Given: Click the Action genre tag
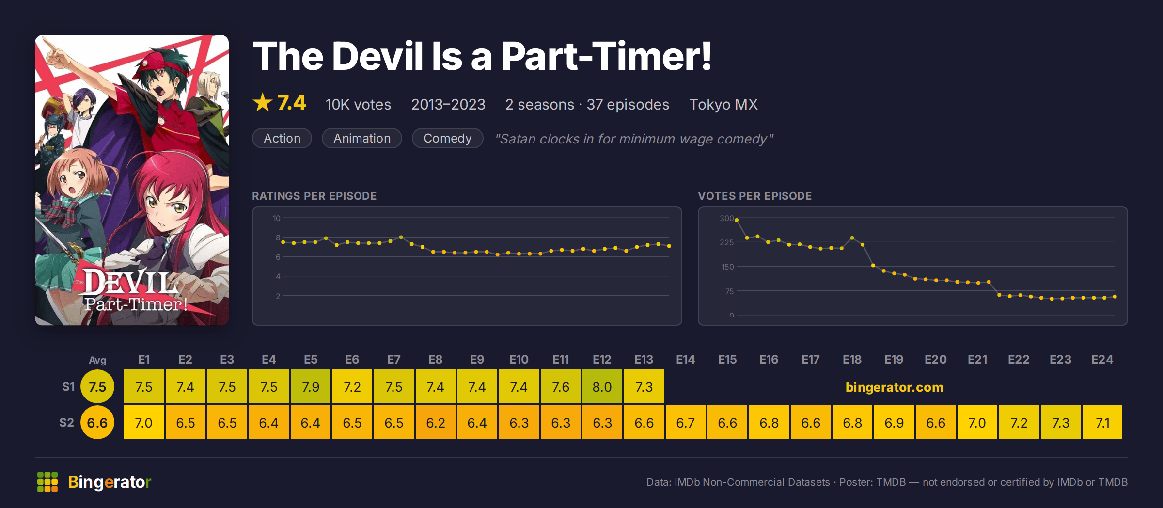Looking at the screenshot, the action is point(282,138).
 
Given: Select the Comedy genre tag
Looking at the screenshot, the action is point(447,138).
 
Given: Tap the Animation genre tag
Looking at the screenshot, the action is point(362,138).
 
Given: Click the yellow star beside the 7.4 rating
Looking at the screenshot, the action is point(263,103).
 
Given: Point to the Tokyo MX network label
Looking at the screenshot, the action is point(723,104).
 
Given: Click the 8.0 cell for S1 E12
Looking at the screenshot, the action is point(602,386).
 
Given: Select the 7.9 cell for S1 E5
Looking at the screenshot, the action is point(310,386).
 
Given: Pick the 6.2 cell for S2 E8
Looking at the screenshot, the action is point(435,422).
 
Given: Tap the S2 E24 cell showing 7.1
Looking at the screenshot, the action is point(1102,422).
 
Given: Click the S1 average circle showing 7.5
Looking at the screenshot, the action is point(97,386).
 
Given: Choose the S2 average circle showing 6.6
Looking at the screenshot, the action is point(97,422).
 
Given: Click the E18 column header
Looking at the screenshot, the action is point(852,360).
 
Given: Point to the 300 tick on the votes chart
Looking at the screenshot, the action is point(726,218).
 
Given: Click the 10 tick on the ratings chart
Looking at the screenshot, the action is point(277,218).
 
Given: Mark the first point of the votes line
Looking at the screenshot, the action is point(737,220).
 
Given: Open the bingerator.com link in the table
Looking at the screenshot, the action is point(894,387).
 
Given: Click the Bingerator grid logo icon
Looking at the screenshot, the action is point(47,482).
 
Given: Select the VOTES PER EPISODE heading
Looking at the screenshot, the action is point(754,196).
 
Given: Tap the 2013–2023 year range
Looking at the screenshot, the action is point(448,104).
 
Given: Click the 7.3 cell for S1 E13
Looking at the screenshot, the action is point(644,386).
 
